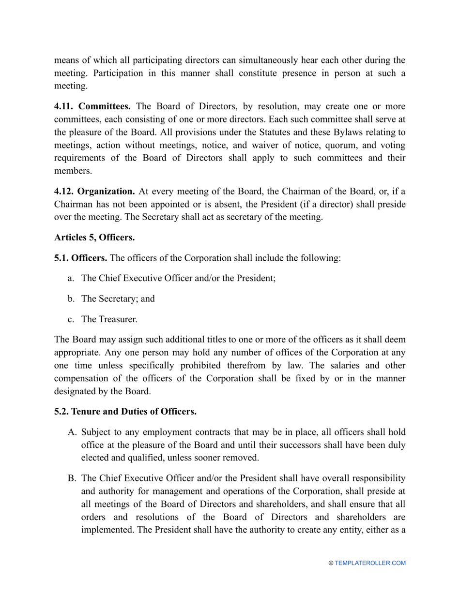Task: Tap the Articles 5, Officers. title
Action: point(94,238)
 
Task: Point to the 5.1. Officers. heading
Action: point(81,258)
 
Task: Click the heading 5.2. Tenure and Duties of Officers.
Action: point(125,412)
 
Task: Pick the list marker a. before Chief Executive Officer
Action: point(71,278)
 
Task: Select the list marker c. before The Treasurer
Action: point(71,319)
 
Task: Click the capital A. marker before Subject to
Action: point(72,432)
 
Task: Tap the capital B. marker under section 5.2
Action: point(72,478)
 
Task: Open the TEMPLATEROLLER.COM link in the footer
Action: point(370,563)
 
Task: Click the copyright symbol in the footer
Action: point(331,563)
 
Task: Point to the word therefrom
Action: point(262,365)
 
